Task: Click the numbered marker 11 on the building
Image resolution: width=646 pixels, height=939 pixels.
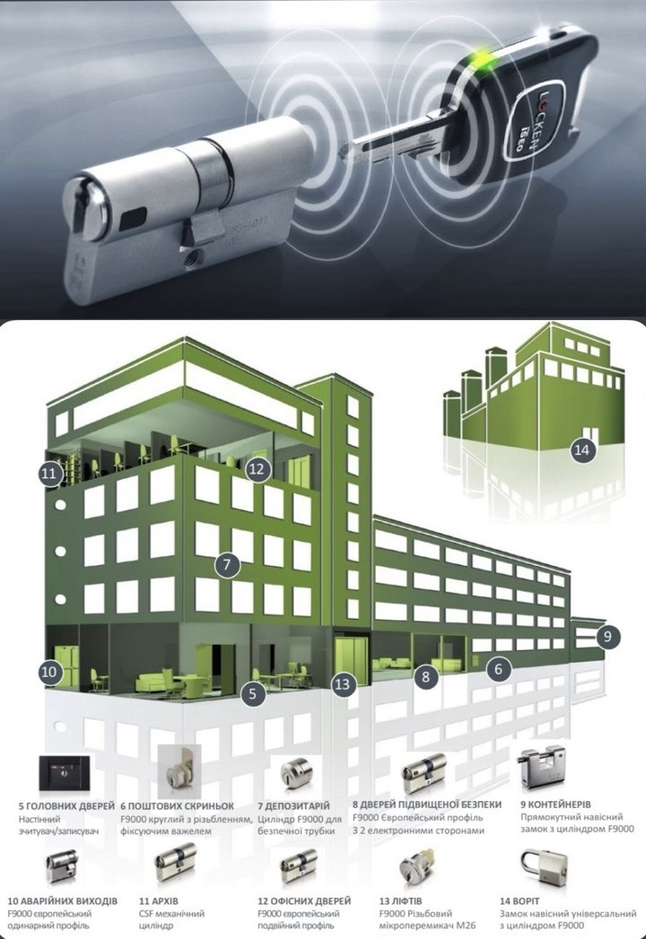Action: (x=49, y=474)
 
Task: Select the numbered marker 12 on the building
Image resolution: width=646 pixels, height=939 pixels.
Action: (x=257, y=469)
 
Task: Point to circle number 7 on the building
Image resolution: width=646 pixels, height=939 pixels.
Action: (x=226, y=564)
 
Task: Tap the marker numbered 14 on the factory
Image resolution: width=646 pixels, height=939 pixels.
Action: (x=581, y=449)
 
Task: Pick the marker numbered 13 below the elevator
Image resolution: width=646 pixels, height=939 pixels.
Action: (x=342, y=684)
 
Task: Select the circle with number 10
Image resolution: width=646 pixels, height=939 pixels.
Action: (x=49, y=672)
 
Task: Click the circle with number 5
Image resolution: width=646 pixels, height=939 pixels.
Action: (x=253, y=693)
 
